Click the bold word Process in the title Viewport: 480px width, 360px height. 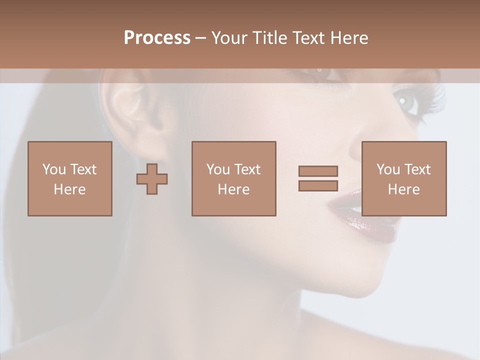pos(157,37)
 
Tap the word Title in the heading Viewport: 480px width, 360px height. pos(270,37)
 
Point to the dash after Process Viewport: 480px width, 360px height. pos(200,38)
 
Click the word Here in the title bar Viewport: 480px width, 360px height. pos(349,37)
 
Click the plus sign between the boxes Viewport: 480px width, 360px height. pos(152,178)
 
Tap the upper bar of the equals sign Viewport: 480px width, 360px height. pos(318,171)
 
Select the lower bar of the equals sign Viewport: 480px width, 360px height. pos(318,185)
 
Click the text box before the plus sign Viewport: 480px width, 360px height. pos(70,178)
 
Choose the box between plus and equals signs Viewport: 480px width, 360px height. pos(233,178)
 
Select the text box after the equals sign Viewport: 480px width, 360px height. pos(403,178)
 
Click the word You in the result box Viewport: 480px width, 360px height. pos(388,169)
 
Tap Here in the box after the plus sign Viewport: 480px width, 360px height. pos(233,189)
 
